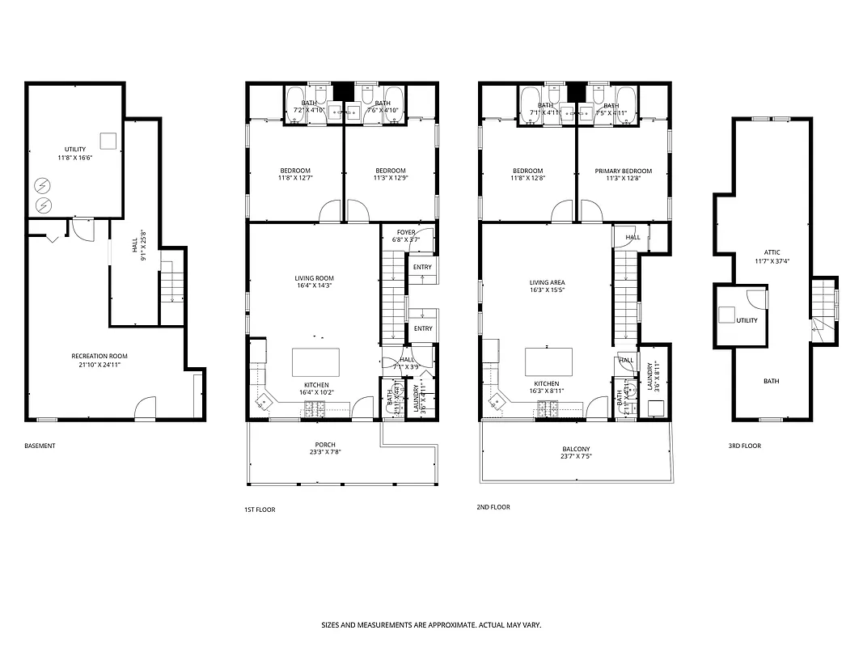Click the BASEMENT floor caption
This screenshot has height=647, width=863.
tap(40, 446)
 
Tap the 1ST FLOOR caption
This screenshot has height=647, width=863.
tap(260, 510)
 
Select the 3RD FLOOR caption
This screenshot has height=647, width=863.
tap(744, 446)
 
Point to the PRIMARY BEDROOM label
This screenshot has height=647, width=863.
tap(623, 171)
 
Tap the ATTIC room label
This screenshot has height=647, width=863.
tap(772, 252)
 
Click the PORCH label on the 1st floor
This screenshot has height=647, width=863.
tap(325, 445)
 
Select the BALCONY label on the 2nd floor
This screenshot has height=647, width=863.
tap(576, 449)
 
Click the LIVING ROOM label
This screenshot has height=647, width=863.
tap(314, 278)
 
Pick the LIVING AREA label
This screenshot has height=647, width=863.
tap(547, 283)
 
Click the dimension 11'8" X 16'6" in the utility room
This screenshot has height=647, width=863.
tap(74, 159)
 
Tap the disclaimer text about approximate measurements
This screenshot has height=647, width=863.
tap(431, 625)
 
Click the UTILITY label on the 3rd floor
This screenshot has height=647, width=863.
tap(747, 320)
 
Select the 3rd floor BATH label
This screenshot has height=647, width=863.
tap(772, 381)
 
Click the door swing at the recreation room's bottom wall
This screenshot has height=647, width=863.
tap(144, 408)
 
